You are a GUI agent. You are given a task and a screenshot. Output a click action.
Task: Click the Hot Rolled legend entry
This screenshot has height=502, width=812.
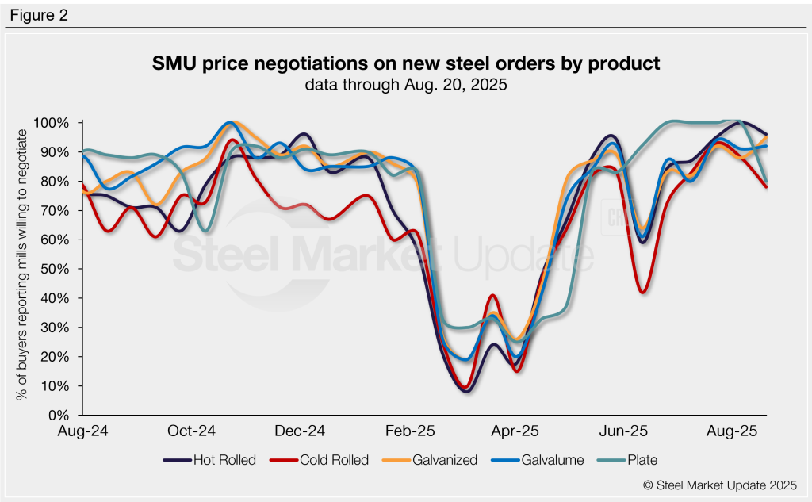(x=209, y=459)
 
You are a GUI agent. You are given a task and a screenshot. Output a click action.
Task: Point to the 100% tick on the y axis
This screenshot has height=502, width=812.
(x=52, y=123)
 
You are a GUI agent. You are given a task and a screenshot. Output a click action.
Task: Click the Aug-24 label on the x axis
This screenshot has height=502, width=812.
(x=83, y=431)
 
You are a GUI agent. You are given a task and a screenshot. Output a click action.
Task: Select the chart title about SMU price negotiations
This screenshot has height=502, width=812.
(x=405, y=64)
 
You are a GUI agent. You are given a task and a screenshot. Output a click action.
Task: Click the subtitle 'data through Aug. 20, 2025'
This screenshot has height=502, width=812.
(x=405, y=85)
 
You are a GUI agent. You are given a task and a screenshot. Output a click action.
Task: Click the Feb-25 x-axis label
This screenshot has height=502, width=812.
(x=408, y=431)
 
